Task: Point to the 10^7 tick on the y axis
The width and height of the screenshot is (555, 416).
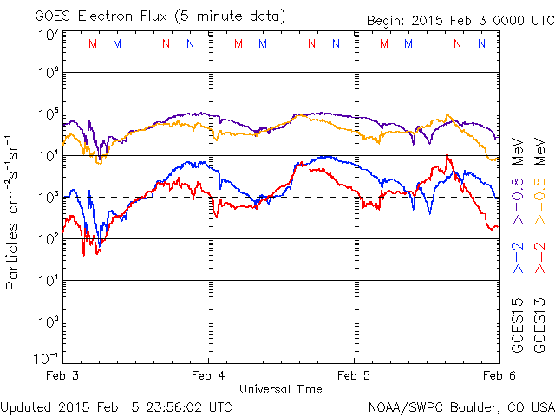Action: pyautogui.click(x=48, y=35)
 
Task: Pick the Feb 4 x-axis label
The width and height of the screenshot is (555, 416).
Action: pyautogui.click(x=207, y=376)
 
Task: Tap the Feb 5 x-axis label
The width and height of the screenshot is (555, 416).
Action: pyautogui.click(x=354, y=376)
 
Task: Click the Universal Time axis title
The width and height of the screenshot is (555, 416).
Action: pyautogui.click(x=280, y=389)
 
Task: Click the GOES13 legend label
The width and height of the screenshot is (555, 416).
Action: pyautogui.click(x=539, y=324)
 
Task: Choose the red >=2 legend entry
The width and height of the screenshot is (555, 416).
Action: pyautogui.click(x=539, y=257)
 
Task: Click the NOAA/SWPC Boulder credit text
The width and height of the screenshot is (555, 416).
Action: pyautogui.click(x=460, y=406)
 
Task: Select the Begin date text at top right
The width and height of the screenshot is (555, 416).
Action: pyautogui.click(x=459, y=18)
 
